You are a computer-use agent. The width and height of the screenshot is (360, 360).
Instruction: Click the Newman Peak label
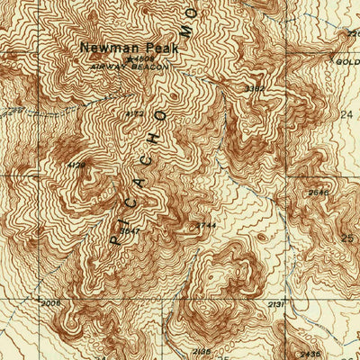click(x=117, y=47)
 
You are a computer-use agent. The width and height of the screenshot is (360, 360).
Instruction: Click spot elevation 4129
click(x=76, y=165)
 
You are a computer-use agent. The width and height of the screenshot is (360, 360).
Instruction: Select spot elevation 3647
click(x=130, y=231)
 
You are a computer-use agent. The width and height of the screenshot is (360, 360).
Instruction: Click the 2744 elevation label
click(x=206, y=223)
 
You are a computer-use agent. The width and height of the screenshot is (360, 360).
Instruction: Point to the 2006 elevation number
click(x=51, y=303)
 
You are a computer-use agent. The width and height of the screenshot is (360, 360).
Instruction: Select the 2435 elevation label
click(x=310, y=353)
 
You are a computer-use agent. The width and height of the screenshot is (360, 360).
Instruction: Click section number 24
click(x=349, y=115)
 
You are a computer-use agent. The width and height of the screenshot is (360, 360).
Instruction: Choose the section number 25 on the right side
click(x=349, y=238)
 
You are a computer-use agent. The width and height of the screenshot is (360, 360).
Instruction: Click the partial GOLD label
click(x=348, y=60)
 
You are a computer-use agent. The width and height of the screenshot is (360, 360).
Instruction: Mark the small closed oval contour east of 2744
click(x=261, y=237)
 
